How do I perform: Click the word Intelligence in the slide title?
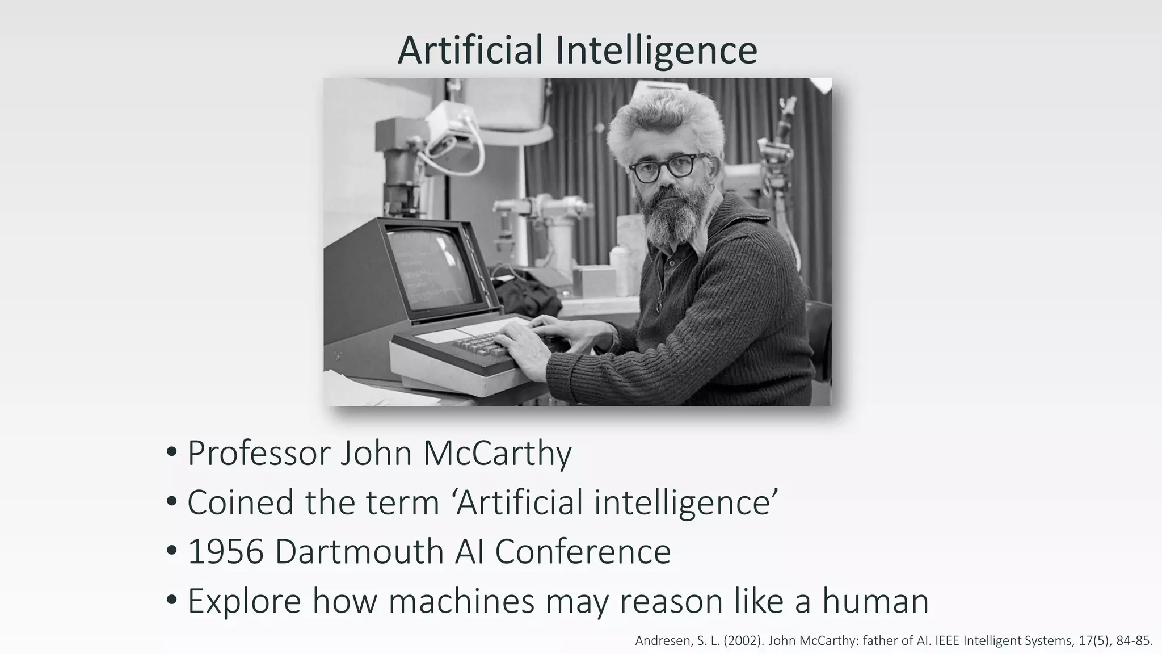(x=656, y=51)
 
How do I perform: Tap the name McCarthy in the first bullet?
(x=497, y=454)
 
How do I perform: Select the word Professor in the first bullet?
(x=259, y=454)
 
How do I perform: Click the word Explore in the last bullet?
(x=244, y=601)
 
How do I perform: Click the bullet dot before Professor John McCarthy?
(x=172, y=454)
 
